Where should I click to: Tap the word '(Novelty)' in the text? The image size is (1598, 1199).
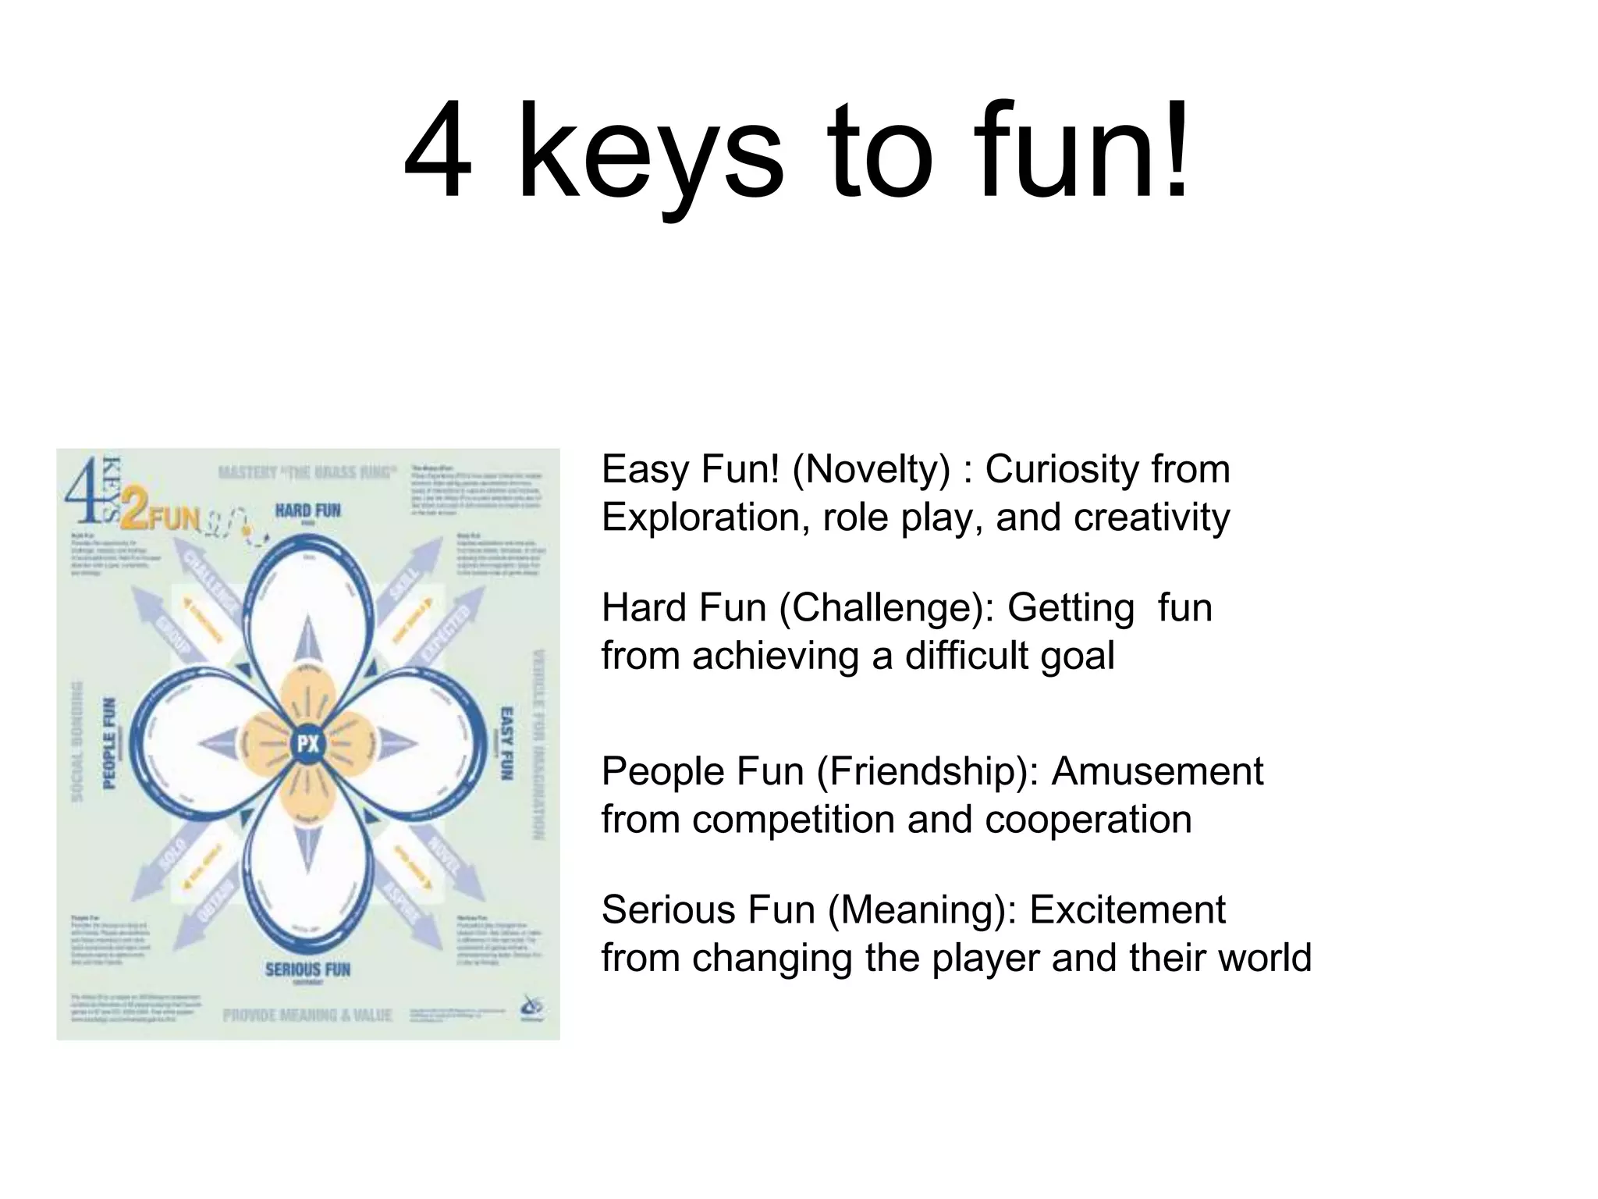[871, 470]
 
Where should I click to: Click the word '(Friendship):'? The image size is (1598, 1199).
[928, 772]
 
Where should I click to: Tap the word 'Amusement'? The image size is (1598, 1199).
[1157, 772]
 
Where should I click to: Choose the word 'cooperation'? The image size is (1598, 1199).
[1088, 820]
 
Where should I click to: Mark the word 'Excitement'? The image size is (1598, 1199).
[1127, 910]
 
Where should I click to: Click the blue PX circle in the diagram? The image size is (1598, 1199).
[308, 743]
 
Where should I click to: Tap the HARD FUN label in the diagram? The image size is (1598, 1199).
[307, 511]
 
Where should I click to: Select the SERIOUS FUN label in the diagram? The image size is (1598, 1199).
[307, 970]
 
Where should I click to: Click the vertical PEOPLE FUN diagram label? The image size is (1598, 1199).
[109, 743]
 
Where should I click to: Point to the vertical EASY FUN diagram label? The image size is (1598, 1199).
[506, 743]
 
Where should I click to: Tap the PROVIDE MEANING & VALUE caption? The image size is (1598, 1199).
[307, 1016]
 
